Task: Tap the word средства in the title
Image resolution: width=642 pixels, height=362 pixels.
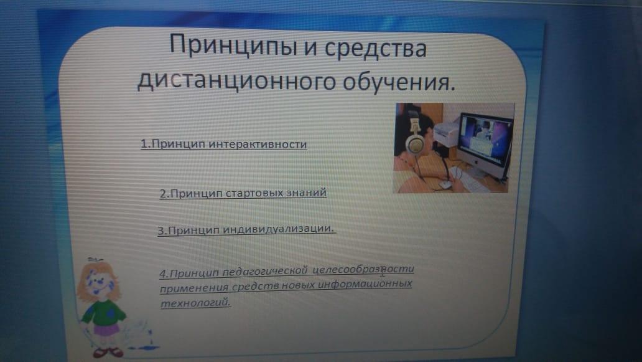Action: coord(376,47)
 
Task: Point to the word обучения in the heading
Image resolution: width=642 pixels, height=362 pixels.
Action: coord(399,81)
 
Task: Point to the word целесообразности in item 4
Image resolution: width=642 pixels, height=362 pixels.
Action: coord(363,269)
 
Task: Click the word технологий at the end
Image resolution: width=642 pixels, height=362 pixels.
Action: coord(195,303)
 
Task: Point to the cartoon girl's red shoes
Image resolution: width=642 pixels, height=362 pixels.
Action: coord(108,352)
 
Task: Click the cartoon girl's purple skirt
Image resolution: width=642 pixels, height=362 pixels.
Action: coord(106,329)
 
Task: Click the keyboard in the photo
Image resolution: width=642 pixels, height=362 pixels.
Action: coord(474,181)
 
